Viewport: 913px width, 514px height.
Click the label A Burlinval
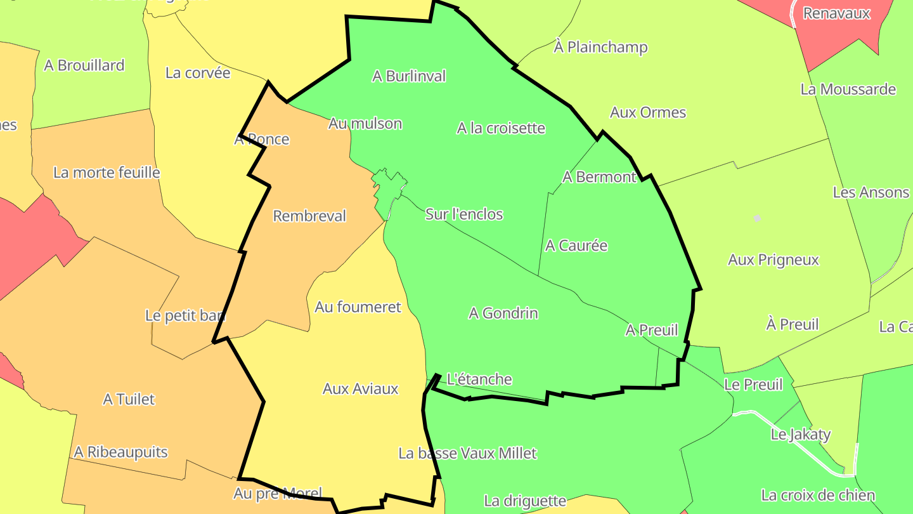[x=409, y=76]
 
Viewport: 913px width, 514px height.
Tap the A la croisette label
[x=501, y=128]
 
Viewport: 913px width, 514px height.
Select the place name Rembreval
[x=309, y=216]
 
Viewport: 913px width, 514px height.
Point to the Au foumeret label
[x=358, y=307]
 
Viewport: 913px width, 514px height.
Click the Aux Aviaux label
[x=360, y=388]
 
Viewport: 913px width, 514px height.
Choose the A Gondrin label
[x=503, y=313]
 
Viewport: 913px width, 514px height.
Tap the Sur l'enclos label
[x=464, y=214]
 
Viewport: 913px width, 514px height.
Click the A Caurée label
[x=576, y=246]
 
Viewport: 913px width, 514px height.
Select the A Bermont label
[x=599, y=177]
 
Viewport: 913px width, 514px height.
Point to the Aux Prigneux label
[x=773, y=260]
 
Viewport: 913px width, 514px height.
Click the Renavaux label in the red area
[x=837, y=13]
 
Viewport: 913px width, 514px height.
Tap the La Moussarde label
[x=848, y=89]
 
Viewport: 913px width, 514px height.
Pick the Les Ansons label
[x=871, y=192]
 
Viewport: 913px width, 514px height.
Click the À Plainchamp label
[x=600, y=47]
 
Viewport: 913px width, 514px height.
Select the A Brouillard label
[x=84, y=65]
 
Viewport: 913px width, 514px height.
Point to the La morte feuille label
[x=107, y=173]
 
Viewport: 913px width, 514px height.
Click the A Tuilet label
[x=129, y=399]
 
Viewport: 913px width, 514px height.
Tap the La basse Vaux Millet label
[x=467, y=453]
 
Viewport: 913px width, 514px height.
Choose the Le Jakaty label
[x=800, y=435]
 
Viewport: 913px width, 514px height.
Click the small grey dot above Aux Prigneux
[x=756, y=218]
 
